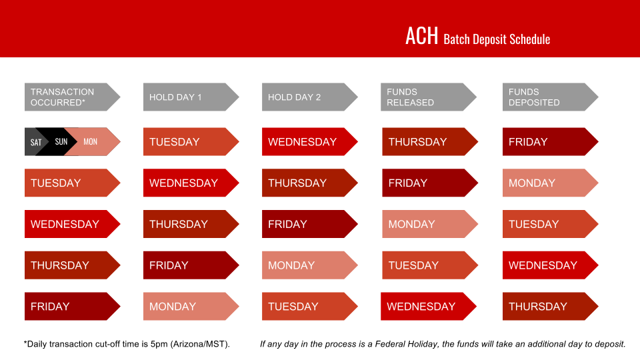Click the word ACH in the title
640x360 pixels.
pos(421,36)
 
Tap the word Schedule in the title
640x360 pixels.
pos(530,39)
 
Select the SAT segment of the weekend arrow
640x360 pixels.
pos(36,142)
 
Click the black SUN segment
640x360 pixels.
pos(61,142)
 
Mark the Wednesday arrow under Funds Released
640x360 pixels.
pos(427,307)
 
